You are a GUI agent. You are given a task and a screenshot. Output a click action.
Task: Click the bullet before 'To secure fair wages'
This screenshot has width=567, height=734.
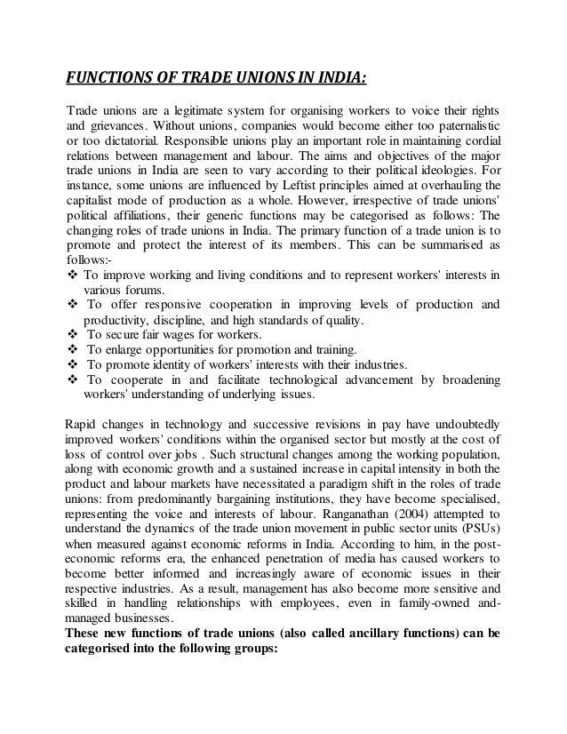tap(73, 333)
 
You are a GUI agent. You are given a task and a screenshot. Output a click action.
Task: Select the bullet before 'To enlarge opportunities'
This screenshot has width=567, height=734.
tap(73, 349)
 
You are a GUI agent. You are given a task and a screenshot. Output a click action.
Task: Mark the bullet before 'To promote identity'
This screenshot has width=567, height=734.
tap(73, 364)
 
